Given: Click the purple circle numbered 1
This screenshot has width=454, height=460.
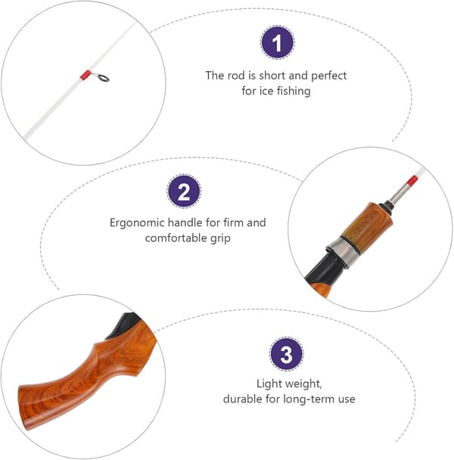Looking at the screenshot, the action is pyautogui.click(x=277, y=42).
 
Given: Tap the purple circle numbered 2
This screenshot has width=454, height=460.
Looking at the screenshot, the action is pyautogui.click(x=184, y=191).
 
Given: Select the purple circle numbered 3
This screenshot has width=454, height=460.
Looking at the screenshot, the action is pyautogui.click(x=287, y=354).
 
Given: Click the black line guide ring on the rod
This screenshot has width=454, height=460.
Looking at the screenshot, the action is pyautogui.click(x=104, y=78).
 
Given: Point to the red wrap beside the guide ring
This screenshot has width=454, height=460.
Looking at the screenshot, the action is pyautogui.click(x=86, y=75).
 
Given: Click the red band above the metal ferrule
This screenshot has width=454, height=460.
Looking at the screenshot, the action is pyautogui.click(x=412, y=180).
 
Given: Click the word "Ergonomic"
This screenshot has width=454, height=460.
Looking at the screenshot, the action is pyautogui.click(x=136, y=223).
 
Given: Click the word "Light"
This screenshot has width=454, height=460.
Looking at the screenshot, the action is pyautogui.click(x=269, y=384).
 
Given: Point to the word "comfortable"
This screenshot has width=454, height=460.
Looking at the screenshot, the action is pyautogui.click(x=176, y=238).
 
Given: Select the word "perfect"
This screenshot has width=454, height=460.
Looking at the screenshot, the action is pyautogui.click(x=328, y=76).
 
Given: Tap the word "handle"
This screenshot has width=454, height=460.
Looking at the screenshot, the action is pyautogui.click(x=185, y=222).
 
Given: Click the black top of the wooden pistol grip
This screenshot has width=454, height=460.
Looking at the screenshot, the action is pyautogui.click(x=124, y=325).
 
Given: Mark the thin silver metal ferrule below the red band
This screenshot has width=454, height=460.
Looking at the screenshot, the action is pyautogui.click(x=399, y=194).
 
